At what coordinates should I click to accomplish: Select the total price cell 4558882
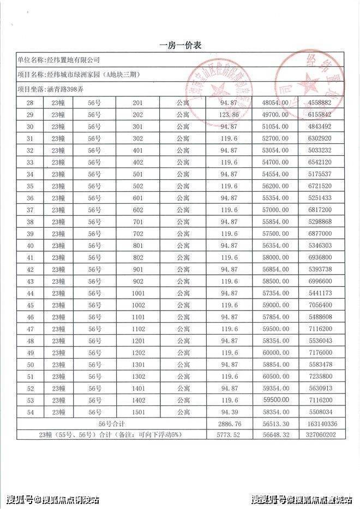click(x=320, y=103)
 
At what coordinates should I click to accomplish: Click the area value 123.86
click(x=230, y=115)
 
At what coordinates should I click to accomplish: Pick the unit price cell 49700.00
click(x=275, y=115)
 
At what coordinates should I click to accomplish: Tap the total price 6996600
click(x=320, y=282)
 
